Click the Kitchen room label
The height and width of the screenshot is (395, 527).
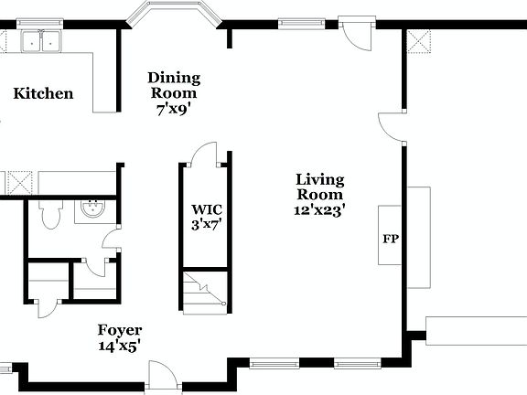pos(43,93)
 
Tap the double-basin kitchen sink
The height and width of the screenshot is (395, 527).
pos(40,40)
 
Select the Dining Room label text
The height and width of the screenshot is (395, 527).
pos(174,85)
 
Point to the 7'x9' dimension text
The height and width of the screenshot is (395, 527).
pos(174,108)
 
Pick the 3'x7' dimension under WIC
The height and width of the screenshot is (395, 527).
pos(204,222)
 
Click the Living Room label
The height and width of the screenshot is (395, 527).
pos(319,187)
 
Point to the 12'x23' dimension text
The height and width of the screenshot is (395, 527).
pos(319,210)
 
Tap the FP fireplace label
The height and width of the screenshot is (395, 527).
pos(390,240)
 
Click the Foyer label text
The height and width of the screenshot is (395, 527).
pos(120,330)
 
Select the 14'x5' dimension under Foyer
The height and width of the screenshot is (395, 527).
pos(120,346)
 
